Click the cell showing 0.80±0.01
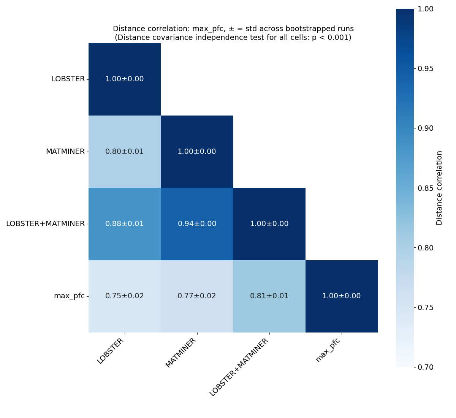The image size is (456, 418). pyautogui.click(x=125, y=152)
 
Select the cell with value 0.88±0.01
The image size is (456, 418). pyautogui.click(x=125, y=224)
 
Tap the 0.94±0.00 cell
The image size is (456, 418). pyautogui.click(x=197, y=224)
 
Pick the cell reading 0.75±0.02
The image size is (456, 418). pyautogui.click(x=125, y=296)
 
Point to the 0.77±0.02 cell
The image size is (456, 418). pyautogui.click(x=197, y=296)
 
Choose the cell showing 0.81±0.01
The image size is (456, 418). pyautogui.click(x=269, y=296)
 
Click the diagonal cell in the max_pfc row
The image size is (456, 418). pyautogui.click(x=342, y=296)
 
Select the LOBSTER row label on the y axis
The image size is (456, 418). pyautogui.click(x=68, y=79)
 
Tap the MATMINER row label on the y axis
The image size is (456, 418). pyautogui.click(x=65, y=152)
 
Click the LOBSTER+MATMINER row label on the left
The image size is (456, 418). pyautogui.click(x=45, y=224)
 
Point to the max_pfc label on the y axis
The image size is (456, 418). pyautogui.click(x=69, y=296)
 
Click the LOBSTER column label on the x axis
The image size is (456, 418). pyautogui.click(x=111, y=351)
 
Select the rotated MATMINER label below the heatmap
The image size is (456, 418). pyautogui.click(x=181, y=353)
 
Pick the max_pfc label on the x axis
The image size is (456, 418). pyautogui.click(x=328, y=350)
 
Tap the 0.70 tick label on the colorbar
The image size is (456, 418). pyautogui.click(x=426, y=367)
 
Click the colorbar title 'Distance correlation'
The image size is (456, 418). pyautogui.click(x=439, y=188)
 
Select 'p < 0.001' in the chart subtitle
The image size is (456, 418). pyautogui.click(x=330, y=38)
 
